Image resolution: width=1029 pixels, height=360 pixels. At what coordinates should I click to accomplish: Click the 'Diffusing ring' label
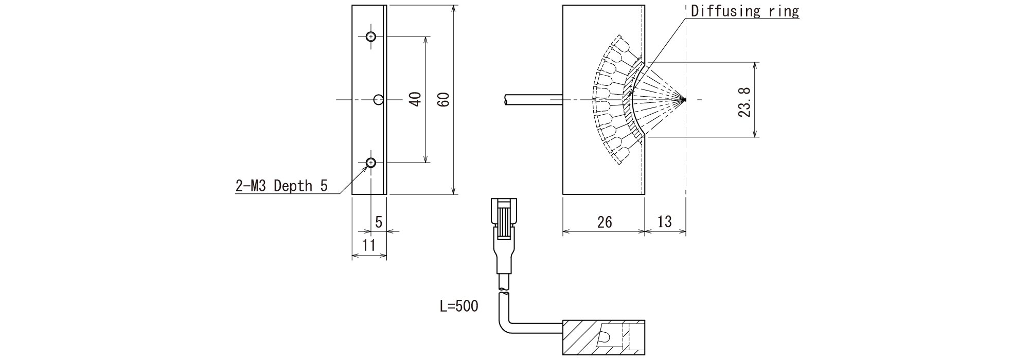click(744, 11)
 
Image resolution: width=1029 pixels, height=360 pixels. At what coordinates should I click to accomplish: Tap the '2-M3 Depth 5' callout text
click(281, 186)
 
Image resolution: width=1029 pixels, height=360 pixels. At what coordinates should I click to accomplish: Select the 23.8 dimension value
click(744, 102)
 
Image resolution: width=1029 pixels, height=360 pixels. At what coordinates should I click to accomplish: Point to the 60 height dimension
click(445, 99)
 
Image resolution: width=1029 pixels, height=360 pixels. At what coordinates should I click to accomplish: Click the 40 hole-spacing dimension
click(416, 99)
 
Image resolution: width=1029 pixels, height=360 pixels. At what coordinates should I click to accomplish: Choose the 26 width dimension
click(605, 222)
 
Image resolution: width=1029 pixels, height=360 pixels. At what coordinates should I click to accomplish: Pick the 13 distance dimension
click(664, 222)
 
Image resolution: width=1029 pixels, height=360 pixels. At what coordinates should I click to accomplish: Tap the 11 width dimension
click(368, 245)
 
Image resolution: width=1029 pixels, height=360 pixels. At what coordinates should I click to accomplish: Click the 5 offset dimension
click(379, 222)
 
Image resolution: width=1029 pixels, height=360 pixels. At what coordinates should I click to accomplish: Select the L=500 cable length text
click(459, 307)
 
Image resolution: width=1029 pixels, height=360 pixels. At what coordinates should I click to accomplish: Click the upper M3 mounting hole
click(370, 37)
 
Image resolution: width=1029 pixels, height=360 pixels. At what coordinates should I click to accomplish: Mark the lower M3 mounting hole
click(370, 163)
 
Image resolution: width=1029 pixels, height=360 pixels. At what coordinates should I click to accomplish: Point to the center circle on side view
click(379, 99)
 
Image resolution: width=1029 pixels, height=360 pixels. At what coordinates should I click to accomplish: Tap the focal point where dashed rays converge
click(685, 99)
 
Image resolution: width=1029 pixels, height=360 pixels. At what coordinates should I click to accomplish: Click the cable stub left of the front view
click(533, 100)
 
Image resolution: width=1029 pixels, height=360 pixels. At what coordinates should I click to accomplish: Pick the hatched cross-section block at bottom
click(581, 337)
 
